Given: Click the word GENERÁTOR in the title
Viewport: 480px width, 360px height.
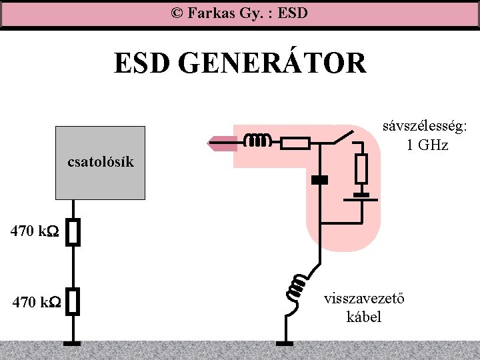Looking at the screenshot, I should click(273, 64).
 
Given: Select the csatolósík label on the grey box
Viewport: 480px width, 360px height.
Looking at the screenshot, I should click(101, 162).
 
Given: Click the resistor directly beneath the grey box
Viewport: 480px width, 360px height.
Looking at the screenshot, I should click(74, 233).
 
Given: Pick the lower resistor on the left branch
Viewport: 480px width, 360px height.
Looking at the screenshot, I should click(74, 301).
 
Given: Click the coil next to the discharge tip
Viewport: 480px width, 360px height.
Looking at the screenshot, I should click(257, 141).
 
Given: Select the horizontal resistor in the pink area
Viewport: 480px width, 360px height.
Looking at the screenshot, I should click(294, 142).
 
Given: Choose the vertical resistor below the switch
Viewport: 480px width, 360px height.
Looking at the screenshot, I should click(361, 169).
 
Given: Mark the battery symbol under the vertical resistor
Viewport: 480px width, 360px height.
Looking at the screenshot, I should click(361, 197).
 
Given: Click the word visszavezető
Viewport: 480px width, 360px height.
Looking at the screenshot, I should click(363, 299).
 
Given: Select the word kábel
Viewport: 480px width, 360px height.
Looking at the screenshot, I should click(364, 317).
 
